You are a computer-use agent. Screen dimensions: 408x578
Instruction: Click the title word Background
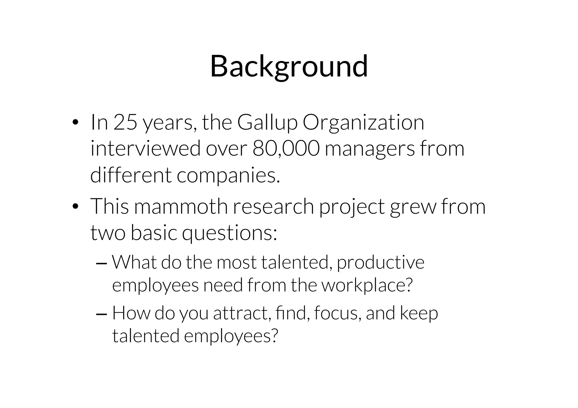click(x=289, y=67)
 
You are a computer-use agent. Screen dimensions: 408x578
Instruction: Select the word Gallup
click(x=267, y=123)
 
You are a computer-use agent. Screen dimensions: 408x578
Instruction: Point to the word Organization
click(x=363, y=123)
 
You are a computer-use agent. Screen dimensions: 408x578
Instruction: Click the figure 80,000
click(x=286, y=149)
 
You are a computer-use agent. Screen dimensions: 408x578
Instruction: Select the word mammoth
click(x=181, y=206)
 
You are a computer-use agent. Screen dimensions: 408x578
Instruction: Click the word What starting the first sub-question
click(x=134, y=262)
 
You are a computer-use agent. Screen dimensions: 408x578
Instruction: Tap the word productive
click(x=380, y=263)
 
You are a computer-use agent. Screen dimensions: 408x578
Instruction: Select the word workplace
click(x=367, y=285)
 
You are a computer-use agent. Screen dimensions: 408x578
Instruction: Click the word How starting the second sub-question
click(x=131, y=313)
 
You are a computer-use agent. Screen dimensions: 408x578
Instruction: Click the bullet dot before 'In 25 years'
click(x=75, y=123)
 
